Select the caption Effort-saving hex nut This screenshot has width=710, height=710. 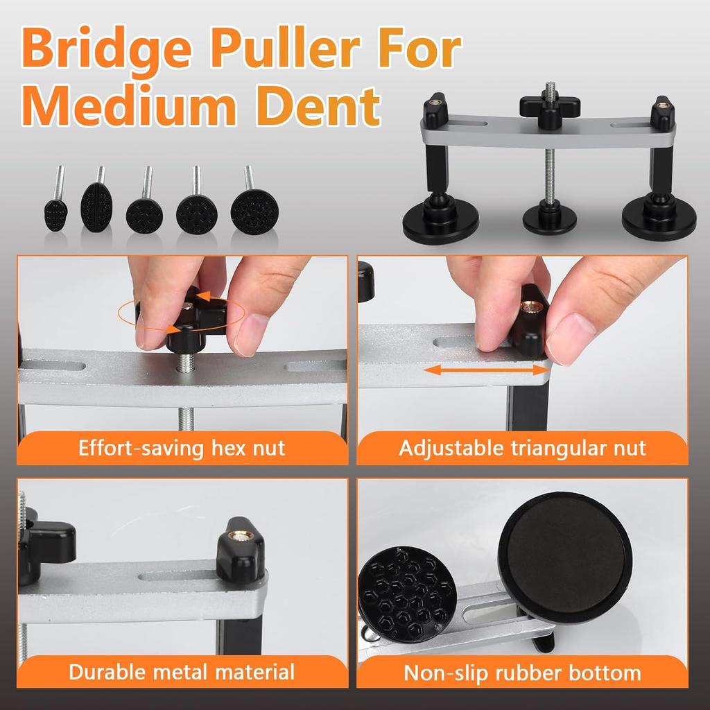182,448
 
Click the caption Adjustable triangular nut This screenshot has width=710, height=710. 522,448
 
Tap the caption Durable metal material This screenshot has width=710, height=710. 182,671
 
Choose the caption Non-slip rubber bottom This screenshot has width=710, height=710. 522,671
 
